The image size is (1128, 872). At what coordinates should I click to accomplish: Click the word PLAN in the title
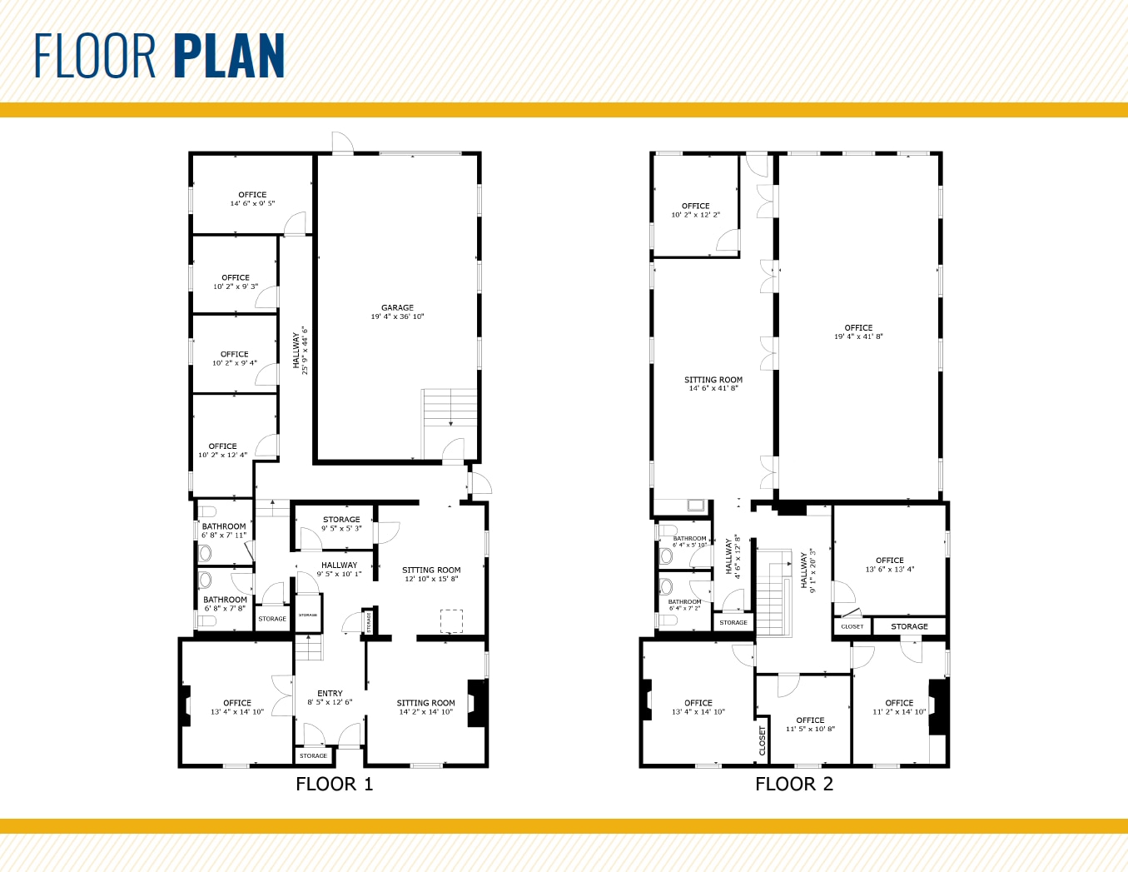pyautogui.click(x=230, y=57)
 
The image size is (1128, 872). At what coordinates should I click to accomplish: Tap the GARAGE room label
pyautogui.click(x=397, y=308)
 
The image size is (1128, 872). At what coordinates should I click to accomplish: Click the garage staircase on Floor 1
pyautogui.click(x=450, y=408)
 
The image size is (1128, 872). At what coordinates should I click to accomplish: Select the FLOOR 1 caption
pyautogui.click(x=335, y=784)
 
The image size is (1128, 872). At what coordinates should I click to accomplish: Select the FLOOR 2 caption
pyautogui.click(x=794, y=784)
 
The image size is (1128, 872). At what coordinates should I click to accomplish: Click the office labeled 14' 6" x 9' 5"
pyautogui.click(x=252, y=199)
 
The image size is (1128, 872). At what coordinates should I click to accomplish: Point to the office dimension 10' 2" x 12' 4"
pyautogui.click(x=222, y=456)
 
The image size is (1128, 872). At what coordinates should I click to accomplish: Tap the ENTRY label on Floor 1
pyautogui.click(x=330, y=693)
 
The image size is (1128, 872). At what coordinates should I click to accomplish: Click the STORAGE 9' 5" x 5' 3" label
pyautogui.click(x=341, y=523)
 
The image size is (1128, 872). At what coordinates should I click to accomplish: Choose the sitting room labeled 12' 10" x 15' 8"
pyautogui.click(x=431, y=574)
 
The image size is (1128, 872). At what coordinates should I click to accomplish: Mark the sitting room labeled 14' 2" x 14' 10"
pyautogui.click(x=425, y=707)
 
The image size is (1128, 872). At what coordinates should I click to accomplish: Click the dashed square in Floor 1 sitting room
pyautogui.click(x=451, y=621)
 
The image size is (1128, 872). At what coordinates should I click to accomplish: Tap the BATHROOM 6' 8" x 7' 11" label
pyautogui.click(x=224, y=531)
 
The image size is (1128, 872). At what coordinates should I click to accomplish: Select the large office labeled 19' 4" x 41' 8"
pyautogui.click(x=858, y=331)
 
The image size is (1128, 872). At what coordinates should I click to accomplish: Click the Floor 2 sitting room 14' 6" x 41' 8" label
pyautogui.click(x=713, y=383)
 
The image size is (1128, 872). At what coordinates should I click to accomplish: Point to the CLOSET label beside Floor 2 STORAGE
pyautogui.click(x=852, y=626)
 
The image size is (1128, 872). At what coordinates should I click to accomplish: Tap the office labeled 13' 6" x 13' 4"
pyautogui.click(x=889, y=565)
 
